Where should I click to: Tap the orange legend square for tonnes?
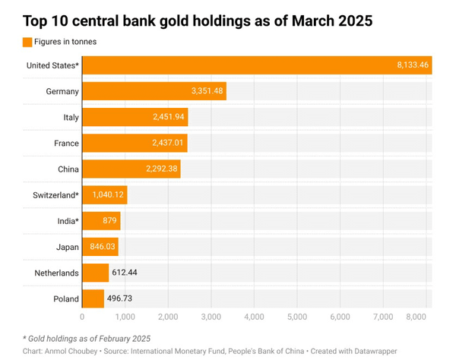coord(28,42)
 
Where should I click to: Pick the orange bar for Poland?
coord(93,298)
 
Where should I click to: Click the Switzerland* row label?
coord(54,195)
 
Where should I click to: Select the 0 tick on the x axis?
coord(82,316)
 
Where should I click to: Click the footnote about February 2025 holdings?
coord(86,338)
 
